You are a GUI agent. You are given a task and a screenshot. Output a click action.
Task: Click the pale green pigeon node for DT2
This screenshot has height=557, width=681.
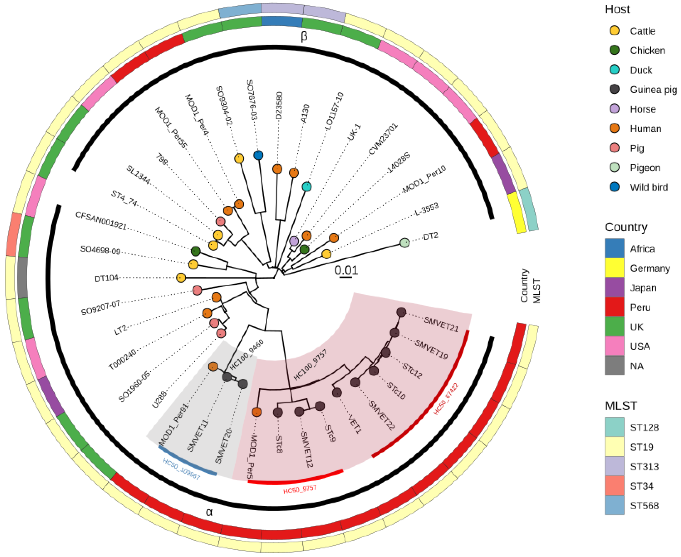tap(405, 243)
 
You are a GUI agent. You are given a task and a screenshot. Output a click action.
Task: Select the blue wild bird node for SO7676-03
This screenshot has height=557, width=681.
tap(258, 155)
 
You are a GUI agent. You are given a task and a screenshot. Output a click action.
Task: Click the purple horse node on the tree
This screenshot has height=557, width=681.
tap(294, 241)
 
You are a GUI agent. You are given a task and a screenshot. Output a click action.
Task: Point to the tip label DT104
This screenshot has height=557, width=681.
tap(106, 278)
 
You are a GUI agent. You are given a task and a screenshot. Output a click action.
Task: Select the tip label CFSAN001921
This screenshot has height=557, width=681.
tap(101, 220)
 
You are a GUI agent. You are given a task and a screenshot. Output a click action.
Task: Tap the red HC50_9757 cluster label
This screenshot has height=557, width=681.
tap(300, 489)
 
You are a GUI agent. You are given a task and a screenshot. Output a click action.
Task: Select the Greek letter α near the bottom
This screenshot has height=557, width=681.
tap(209, 512)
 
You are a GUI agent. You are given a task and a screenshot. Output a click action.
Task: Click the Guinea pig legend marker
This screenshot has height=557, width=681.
tap(614, 89)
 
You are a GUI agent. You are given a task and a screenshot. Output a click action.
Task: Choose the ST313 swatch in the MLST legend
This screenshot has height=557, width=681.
tap(614, 466)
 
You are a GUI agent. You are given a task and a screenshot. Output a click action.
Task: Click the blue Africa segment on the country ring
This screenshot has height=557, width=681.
tap(282, 21)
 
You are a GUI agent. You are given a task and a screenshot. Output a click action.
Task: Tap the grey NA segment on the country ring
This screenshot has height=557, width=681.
tap(23, 278)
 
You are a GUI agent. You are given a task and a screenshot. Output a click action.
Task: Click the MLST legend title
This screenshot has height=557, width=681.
tap(621, 406)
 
